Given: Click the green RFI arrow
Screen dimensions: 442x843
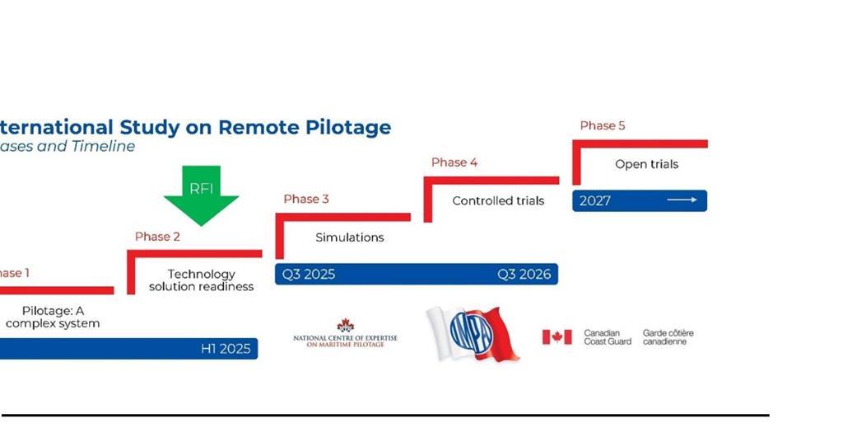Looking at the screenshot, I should click(x=201, y=195).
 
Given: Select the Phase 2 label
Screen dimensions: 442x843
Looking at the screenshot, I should click(x=157, y=237).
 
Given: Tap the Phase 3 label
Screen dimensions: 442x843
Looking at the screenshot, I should click(x=306, y=199).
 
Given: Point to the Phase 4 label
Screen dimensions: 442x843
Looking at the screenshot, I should click(x=454, y=162).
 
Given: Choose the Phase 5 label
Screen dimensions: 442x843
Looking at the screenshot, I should click(x=603, y=125).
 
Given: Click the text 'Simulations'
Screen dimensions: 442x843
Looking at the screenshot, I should click(x=350, y=237).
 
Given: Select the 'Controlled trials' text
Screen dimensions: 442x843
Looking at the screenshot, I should click(x=498, y=200).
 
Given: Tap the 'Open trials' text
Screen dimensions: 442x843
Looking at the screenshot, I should click(x=646, y=164).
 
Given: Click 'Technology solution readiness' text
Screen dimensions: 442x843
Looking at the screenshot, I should click(x=201, y=280).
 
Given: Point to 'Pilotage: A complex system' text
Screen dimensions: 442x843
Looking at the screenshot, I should click(x=53, y=317).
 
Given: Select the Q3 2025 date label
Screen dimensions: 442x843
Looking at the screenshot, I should click(x=309, y=275).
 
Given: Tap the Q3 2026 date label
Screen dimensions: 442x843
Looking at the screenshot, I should click(x=524, y=275).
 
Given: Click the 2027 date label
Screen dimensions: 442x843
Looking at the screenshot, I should click(x=595, y=200).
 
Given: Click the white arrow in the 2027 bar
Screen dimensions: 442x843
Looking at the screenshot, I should click(x=682, y=200).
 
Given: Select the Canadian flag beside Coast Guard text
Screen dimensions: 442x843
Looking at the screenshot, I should click(x=557, y=337).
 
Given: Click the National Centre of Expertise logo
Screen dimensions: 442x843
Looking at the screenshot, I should click(x=345, y=333).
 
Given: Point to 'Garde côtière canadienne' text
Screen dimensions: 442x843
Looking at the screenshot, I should click(x=668, y=337).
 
